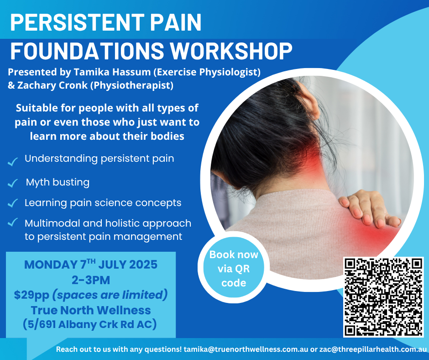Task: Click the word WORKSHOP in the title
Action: (x=231, y=51)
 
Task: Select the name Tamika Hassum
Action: (x=112, y=72)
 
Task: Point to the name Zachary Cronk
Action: (x=52, y=85)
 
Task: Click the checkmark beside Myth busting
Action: (x=13, y=183)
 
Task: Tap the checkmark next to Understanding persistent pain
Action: (x=13, y=162)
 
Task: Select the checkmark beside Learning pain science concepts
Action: (x=13, y=203)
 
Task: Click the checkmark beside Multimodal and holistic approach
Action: (x=13, y=222)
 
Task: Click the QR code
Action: (x=383, y=297)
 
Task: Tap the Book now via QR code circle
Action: (x=234, y=269)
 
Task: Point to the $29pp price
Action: (x=31, y=295)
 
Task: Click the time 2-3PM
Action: (x=91, y=280)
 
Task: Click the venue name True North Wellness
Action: (x=91, y=310)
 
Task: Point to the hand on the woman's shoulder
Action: (x=369, y=208)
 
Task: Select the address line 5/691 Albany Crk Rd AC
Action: (x=90, y=324)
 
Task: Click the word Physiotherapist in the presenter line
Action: (x=131, y=85)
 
